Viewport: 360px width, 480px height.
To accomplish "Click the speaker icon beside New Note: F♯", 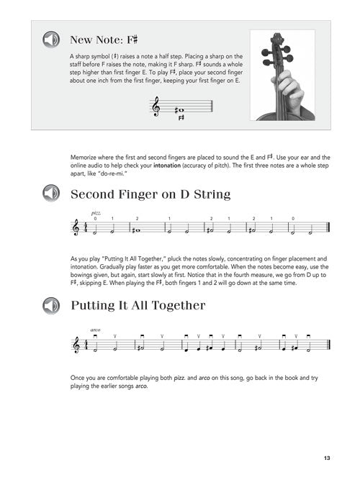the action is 51,40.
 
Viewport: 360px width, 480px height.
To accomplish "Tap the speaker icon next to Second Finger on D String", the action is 51,193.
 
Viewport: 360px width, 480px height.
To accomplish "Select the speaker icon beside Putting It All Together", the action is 51,305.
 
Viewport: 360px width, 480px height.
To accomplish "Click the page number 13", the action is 327,458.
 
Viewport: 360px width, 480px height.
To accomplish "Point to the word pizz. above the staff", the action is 96,213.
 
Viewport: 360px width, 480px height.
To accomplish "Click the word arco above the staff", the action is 95,330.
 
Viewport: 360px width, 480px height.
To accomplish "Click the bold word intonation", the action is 167,166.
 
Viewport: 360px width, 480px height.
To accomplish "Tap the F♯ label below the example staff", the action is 181,118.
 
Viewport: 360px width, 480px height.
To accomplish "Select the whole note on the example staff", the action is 181,110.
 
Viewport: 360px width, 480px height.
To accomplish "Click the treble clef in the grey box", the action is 156,107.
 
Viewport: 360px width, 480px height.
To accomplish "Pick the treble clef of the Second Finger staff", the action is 76,228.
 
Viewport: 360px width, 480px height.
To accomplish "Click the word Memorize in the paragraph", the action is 84,158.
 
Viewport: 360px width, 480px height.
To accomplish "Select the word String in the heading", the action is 212,194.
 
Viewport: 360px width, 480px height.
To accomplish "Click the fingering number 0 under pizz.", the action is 95,219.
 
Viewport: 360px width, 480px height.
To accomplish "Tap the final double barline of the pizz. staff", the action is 328,228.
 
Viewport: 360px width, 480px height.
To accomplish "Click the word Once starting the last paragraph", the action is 77,378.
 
